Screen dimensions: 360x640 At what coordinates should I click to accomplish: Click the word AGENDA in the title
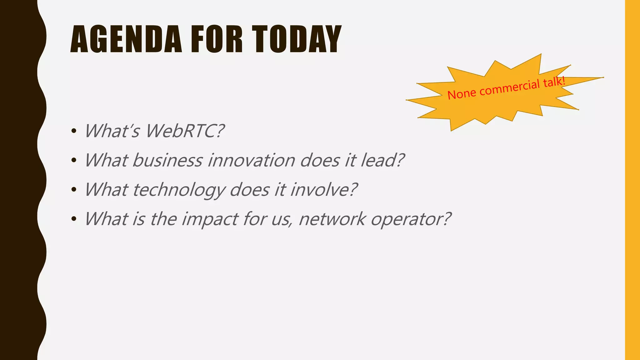pyautogui.click(x=126, y=40)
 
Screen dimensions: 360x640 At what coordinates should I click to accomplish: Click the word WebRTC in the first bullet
pyautogui.click(x=185, y=131)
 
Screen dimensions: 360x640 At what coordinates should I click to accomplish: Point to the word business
pyautogui.click(x=167, y=160)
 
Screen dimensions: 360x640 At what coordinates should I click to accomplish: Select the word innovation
pyautogui.click(x=251, y=160)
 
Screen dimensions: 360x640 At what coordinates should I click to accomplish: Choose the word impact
pyautogui.click(x=210, y=219)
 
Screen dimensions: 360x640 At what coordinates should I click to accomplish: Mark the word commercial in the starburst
pyautogui.click(x=509, y=88)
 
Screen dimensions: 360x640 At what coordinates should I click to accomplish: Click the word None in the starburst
pyautogui.click(x=462, y=94)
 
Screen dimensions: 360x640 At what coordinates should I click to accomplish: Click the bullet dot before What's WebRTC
pyautogui.click(x=74, y=131)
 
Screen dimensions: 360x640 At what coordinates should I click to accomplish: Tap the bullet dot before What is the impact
pyautogui.click(x=74, y=219)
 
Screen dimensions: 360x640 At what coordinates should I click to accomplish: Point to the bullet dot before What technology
pyautogui.click(x=74, y=190)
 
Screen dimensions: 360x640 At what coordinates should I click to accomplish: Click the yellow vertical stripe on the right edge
pyautogui.click(x=632, y=180)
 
